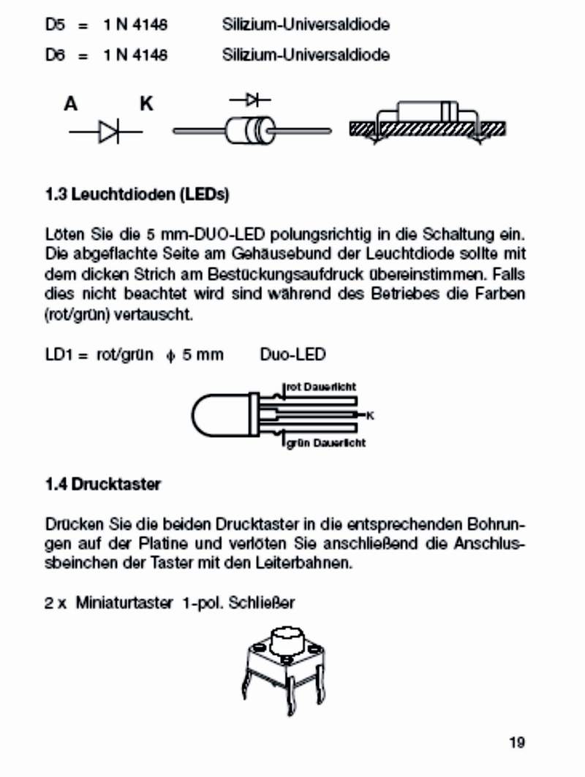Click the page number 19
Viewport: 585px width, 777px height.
coord(517,743)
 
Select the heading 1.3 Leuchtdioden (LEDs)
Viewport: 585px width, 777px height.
coord(137,195)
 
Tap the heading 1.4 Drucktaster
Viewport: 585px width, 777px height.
coord(102,484)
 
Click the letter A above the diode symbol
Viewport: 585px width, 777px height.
coord(70,105)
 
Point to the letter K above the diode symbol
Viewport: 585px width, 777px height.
coord(147,105)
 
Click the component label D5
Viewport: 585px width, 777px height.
coord(56,25)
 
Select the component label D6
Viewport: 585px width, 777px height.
coord(56,55)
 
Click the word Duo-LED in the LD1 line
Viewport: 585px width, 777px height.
coord(292,355)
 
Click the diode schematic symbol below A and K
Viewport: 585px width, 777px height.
coord(107,132)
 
